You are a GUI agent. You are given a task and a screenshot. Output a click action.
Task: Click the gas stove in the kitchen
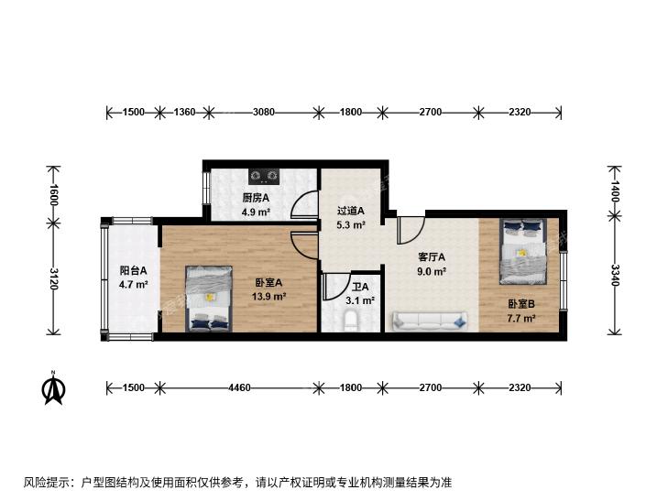(x=264, y=175)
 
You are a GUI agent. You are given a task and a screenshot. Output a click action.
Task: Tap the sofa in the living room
(x=430, y=321)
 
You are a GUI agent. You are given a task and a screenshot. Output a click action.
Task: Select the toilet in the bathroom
(x=351, y=321)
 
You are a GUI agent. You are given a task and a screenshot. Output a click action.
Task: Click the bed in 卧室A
(x=209, y=299)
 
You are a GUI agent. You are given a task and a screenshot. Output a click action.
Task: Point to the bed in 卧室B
(x=523, y=251)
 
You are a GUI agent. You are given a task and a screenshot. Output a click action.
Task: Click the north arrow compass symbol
(x=53, y=387)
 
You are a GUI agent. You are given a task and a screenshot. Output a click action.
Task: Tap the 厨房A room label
(x=256, y=198)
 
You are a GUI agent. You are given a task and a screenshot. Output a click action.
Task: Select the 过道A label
(x=351, y=211)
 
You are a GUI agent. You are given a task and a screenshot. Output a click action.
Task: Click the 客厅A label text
(x=432, y=257)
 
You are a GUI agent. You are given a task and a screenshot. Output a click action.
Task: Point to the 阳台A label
(x=134, y=270)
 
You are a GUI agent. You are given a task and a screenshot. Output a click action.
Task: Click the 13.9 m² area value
(x=268, y=296)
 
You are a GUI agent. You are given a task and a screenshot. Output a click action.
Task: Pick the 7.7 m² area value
(x=521, y=318)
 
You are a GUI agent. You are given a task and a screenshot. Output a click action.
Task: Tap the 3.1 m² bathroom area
(x=360, y=300)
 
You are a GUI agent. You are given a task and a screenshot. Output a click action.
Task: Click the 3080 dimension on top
(x=264, y=112)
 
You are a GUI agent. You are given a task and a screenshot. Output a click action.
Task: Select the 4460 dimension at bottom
(x=239, y=387)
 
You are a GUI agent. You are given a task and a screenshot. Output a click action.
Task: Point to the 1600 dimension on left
(x=54, y=194)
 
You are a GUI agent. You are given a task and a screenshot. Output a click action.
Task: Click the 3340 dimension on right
(x=615, y=275)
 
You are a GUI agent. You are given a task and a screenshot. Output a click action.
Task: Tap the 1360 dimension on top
(x=184, y=112)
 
